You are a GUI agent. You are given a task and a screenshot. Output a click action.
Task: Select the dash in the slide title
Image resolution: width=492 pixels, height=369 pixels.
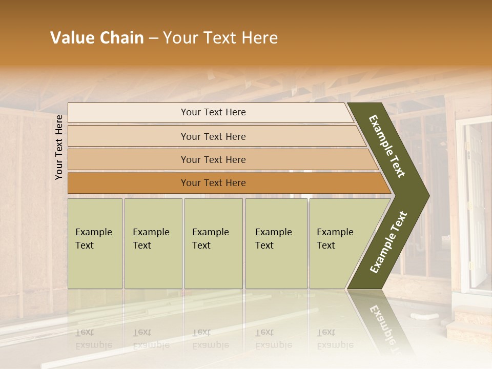(x=153, y=38)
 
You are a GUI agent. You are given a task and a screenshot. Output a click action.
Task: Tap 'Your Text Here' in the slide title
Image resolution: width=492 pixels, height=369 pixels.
(x=220, y=38)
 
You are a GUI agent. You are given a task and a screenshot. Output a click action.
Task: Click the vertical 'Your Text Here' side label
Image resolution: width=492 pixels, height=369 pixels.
(x=59, y=147)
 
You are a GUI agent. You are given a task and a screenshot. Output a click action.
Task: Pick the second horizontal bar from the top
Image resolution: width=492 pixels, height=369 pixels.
(x=213, y=136)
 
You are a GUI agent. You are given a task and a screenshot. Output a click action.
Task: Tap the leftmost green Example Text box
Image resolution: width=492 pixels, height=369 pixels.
(x=95, y=243)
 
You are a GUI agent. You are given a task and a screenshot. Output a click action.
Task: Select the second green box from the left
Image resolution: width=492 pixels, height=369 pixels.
(x=153, y=243)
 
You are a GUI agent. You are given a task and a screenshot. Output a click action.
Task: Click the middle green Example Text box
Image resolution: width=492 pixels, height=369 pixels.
(x=213, y=243)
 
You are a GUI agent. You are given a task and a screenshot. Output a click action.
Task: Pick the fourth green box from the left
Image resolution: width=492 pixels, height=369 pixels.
(x=276, y=243)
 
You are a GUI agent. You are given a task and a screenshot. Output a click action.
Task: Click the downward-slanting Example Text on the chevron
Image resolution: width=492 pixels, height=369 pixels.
(x=387, y=146)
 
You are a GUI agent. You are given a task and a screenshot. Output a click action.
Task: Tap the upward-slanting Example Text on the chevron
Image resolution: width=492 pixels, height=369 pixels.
(x=388, y=242)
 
